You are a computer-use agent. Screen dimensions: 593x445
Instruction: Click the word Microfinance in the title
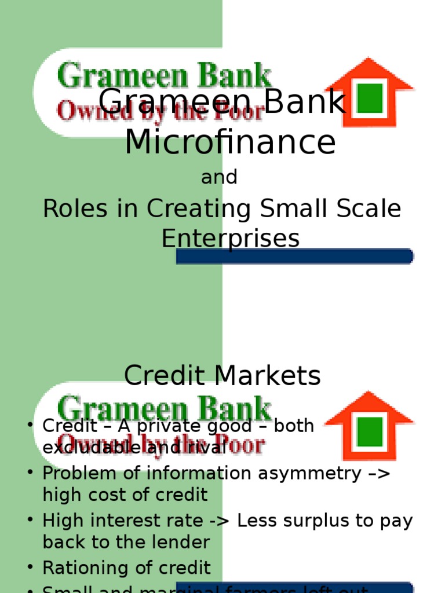click(230, 142)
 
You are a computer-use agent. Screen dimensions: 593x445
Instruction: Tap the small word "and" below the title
click(219, 177)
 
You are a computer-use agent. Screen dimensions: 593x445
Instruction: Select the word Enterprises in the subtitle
click(230, 238)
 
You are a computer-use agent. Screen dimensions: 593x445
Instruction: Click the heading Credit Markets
click(222, 376)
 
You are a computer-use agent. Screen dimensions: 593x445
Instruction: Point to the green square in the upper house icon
click(369, 98)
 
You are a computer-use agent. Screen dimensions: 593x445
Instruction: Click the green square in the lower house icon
click(369, 431)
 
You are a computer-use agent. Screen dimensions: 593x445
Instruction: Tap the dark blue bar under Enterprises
click(294, 256)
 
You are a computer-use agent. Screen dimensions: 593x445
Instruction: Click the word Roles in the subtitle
click(75, 209)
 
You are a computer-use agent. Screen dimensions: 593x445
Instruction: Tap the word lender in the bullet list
click(181, 542)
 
